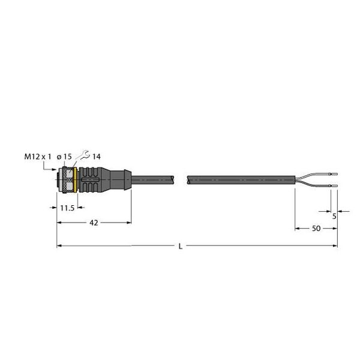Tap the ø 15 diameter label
click(65, 157)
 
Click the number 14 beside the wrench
click(96, 157)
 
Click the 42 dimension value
click(92, 222)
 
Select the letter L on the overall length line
click(181, 246)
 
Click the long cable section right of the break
click(240, 179)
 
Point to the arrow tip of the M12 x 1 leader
click(56, 171)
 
